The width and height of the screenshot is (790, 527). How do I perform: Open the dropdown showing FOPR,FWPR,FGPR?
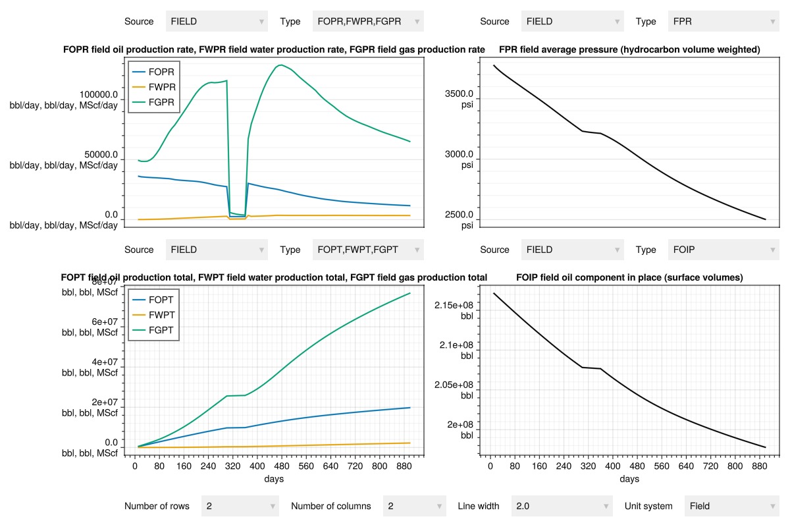point(368,21)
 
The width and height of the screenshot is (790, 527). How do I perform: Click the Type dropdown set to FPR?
point(724,21)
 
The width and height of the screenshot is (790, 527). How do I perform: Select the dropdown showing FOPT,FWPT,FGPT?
point(368,250)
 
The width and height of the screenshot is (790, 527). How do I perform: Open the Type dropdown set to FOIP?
point(724,250)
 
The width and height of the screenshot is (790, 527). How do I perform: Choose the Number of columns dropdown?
point(414,506)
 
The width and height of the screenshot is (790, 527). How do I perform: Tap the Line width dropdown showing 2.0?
point(562,506)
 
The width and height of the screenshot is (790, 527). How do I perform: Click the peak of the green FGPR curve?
point(281,65)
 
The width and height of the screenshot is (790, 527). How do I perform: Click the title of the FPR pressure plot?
point(629,49)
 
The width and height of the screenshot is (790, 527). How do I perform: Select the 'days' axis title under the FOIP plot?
point(629,479)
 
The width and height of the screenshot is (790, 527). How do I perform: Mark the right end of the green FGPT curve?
point(410,293)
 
